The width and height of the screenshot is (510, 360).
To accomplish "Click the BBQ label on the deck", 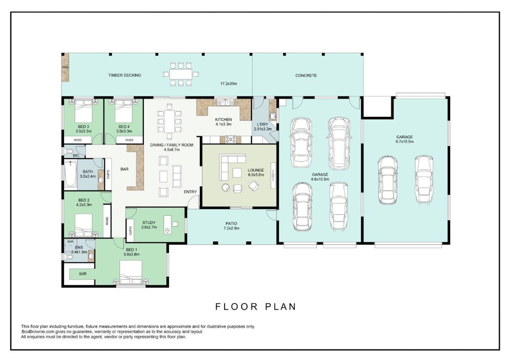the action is coord(65,67).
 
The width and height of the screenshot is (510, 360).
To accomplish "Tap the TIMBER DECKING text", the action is coord(124,75).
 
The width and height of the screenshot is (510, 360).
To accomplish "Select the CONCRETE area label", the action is coord(306,76).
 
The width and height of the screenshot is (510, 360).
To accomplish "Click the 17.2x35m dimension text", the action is coord(229,84).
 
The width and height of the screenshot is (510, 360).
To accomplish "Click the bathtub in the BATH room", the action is coord(70,174).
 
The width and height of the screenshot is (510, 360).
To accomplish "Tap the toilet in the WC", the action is coord(68,151).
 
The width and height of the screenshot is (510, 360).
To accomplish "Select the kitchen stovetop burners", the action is coord(230,139).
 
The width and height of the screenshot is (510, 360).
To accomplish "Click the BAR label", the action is coord(124,169).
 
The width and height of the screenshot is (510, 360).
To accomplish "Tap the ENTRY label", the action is coord(190,192).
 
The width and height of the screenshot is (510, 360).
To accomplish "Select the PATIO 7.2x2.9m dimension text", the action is coord(231,228).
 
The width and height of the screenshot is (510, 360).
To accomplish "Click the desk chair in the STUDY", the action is coord(175,224).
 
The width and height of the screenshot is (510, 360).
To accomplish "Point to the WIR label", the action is coord(83,274).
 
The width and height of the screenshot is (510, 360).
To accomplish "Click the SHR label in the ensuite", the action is coord(70,242).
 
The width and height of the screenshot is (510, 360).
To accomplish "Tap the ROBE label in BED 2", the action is coord(107,221).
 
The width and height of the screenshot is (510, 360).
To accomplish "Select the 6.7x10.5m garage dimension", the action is coord(405,142).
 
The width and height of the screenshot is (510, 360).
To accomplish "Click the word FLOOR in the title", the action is coord(236,307).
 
